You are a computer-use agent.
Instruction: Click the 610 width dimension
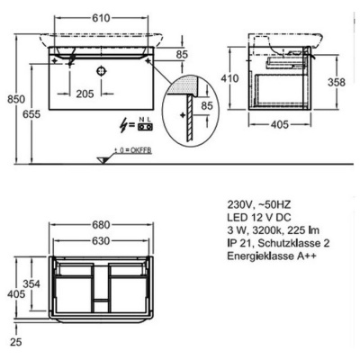[101, 18]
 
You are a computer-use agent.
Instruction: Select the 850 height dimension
[16, 99]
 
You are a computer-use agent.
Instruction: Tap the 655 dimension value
[31, 114]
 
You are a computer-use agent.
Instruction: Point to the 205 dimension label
[85, 94]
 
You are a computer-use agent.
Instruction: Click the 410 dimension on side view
[229, 78]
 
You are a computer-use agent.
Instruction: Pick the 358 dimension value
[337, 82]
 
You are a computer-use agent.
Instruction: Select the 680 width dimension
[101, 225]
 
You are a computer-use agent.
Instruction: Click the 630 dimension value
[101, 240]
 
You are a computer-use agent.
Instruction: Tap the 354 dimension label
[31, 283]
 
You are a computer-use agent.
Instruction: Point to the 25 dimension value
[15, 342]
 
